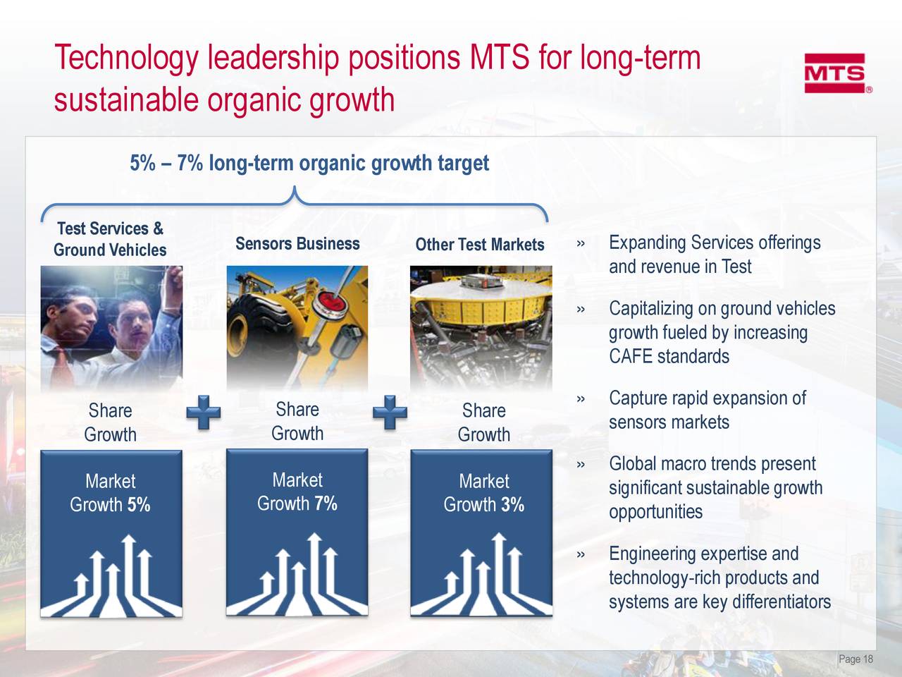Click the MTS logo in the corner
836,73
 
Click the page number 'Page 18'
855,659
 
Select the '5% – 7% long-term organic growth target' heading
309,164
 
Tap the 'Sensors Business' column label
297,244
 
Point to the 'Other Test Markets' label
480,245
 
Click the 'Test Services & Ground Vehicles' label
110,239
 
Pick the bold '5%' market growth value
139,505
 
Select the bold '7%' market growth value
326,504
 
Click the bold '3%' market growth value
512,505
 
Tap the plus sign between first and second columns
204,412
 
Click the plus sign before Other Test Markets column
390,412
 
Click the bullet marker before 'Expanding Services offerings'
580,244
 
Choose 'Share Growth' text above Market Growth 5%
110,422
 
